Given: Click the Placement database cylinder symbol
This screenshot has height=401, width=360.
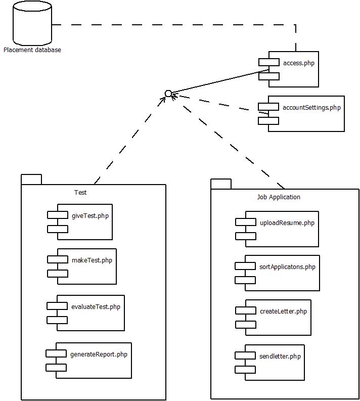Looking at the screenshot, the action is [x=32, y=24].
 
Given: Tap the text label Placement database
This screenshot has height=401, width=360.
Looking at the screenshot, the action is [x=32, y=50].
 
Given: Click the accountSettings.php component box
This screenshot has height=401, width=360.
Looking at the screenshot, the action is [x=301, y=114].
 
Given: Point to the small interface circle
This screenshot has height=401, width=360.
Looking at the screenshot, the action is [x=168, y=94].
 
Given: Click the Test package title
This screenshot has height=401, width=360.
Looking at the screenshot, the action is [x=80, y=192].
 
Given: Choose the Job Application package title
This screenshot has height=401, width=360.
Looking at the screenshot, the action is [x=279, y=197].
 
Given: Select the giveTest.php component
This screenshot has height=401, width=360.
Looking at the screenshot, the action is [x=80, y=222].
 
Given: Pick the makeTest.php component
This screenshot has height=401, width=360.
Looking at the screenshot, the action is [x=82, y=266].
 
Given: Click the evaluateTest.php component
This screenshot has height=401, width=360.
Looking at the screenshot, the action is [x=85, y=313].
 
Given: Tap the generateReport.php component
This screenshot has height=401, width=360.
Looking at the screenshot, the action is [x=88, y=361].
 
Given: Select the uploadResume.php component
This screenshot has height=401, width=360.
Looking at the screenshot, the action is [x=277, y=229].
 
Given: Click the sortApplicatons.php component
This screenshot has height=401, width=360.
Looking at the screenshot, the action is [x=277, y=273].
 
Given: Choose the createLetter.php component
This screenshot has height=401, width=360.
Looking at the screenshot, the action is [x=273, y=318].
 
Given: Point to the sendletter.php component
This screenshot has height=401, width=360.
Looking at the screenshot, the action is [x=269, y=363].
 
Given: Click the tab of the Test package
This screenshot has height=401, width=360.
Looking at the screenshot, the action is [x=31, y=180].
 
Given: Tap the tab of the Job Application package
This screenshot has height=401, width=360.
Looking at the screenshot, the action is [x=221, y=184].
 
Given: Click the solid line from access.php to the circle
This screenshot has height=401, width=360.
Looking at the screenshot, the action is [x=220, y=81].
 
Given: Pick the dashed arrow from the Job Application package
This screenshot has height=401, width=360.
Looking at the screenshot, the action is [x=228, y=142].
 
